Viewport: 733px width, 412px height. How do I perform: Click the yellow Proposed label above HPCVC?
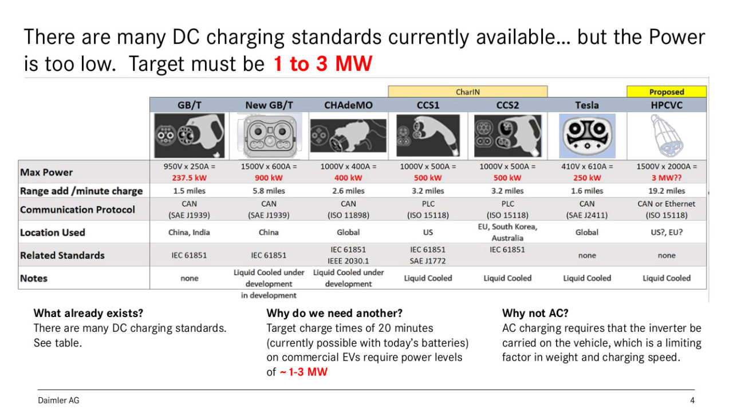(x=666, y=92)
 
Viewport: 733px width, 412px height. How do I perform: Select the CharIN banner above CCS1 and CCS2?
(x=468, y=92)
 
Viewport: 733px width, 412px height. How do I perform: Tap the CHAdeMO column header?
(x=348, y=105)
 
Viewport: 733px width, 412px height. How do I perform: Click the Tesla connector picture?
(x=587, y=136)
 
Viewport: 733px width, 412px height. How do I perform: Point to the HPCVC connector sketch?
(x=666, y=136)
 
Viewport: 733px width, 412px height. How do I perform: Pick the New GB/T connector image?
(x=269, y=136)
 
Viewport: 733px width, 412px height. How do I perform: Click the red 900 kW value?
(x=269, y=178)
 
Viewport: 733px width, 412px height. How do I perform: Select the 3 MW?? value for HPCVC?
(x=667, y=178)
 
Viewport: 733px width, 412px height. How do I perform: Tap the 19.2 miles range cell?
(x=667, y=191)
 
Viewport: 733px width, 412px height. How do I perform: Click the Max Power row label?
(x=46, y=172)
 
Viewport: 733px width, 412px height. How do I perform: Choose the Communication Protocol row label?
(x=77, y=209)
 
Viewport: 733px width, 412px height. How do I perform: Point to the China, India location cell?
(x=189, y=232)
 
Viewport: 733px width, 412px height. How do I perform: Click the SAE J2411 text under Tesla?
(x=587, y=215)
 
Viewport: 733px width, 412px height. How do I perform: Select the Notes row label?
(x=34, y=278)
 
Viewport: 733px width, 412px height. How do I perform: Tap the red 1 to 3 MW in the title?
(x=322, y=63)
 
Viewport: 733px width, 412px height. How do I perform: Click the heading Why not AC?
(x=535, y=313)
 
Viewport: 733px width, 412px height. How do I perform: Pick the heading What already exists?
(x=88, y=313)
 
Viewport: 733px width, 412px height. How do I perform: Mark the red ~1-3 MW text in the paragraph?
(x=304, y=372)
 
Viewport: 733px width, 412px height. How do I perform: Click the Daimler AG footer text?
(x=58, y=400)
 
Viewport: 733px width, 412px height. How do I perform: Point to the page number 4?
(x=692, y=400)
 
